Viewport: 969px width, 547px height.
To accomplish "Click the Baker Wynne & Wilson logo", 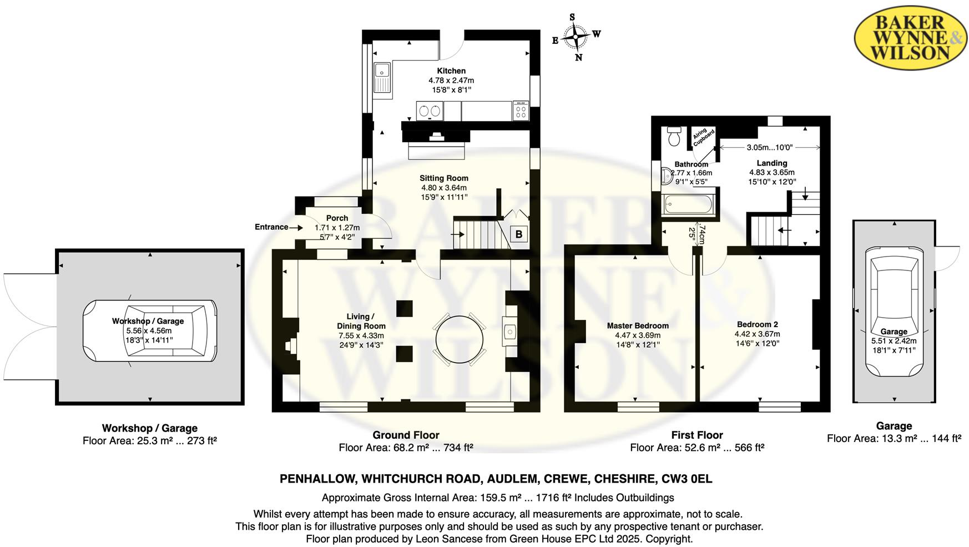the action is [x=910, y=38].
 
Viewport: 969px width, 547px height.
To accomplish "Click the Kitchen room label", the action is [x=451, y=71].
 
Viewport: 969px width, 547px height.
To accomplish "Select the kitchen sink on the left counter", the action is [x=382, y=78].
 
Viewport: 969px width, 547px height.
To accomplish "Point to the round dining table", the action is [x=460, y=339].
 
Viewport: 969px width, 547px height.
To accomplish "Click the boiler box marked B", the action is [x=518, y=234].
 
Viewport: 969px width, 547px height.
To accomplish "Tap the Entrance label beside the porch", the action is [x=271, y=227].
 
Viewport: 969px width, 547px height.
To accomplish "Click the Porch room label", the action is [x=337, y=218].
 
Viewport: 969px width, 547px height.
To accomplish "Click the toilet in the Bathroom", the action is [x=674, y=136].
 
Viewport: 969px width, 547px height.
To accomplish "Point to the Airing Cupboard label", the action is [x=703, y=136].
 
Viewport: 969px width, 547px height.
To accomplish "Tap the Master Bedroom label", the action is [x=638, y=325].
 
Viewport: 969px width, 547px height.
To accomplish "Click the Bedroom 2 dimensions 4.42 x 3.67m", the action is [x=757, y=334].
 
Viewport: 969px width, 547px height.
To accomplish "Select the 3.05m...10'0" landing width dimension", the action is [x=769, y=147].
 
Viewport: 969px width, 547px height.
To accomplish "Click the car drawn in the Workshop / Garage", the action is [x=150, y=331].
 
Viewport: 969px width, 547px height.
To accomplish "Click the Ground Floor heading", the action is [x=406, y=435].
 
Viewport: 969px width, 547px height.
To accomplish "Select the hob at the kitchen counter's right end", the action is [x=521, y=111].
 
